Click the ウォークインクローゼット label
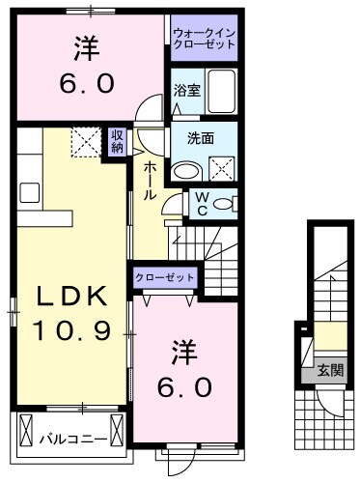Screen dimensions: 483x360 [205, 39]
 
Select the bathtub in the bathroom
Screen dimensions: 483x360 [221, 94]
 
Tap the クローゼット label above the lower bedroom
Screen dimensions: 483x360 [165, 278]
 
